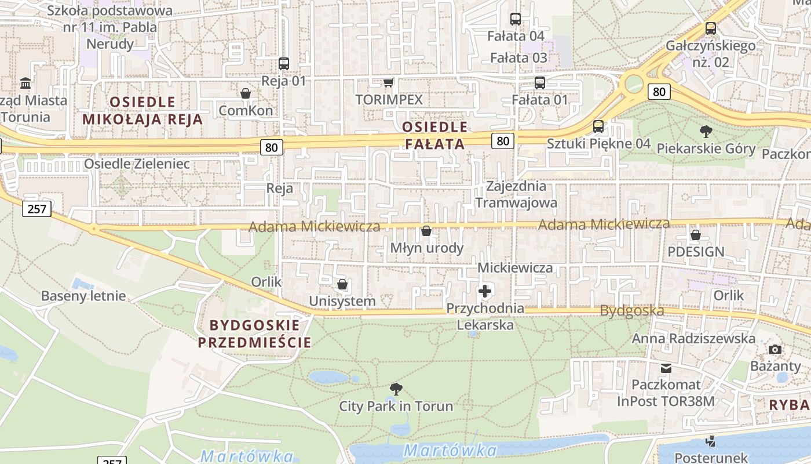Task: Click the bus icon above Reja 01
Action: (283, 64)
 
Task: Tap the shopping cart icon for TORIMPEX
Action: (389, 83)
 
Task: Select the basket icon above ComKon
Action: (246, 93)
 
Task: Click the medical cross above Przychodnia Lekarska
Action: (485, 291)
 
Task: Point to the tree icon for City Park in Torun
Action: (396, 389)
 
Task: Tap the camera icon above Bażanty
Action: (775, 349)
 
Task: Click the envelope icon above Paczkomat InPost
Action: (666, 368)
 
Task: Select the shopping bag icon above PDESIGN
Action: (695, 235)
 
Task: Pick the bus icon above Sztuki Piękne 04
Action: (598, 126)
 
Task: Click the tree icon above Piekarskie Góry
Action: (706, 132)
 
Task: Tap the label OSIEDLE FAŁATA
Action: (434, 135)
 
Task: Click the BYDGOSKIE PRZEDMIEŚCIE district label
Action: (255, 333)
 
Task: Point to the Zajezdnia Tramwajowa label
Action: (516, 194)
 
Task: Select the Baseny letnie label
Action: (83, 296)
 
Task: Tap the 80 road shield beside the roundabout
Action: (659, 91)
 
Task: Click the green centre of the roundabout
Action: (633, 84)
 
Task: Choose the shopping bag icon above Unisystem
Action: (342, 284)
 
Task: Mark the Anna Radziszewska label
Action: (693, 338)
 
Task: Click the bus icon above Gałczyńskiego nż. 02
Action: (710, 28)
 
